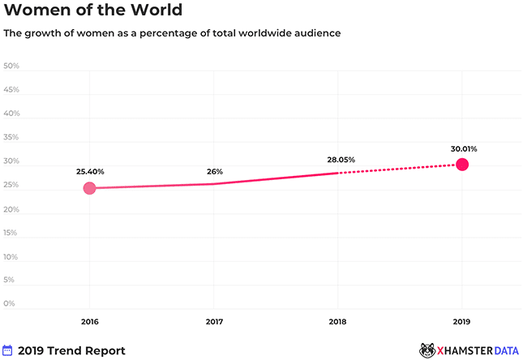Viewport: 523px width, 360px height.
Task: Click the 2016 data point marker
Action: (x=89, y=188)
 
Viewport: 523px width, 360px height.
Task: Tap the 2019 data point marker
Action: (x=462, y=165)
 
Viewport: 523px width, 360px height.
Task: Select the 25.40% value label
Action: (x=89, y=171)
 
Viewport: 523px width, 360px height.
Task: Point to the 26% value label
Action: (x=214, y=171)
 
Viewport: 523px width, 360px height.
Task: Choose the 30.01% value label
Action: (x=462, y=148)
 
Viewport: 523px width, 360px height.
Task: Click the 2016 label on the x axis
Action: (x=89, y=322)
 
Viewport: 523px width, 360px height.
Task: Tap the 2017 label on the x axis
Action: (x=214, y=322)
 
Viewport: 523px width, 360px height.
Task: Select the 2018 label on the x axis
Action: (x=338, y=322)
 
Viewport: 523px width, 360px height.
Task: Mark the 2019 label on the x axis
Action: (x=462, y=322)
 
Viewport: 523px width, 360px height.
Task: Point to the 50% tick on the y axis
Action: (x=11, y=66)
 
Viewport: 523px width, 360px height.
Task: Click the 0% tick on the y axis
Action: (x=10, y=304)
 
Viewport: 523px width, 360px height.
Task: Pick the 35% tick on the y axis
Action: (x=11, y=137)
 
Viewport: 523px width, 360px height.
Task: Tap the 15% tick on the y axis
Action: (x=11, y=233)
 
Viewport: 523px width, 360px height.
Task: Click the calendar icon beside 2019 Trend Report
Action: (x=7, y=350)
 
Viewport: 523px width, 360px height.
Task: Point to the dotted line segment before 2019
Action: (x=397, y=169)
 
